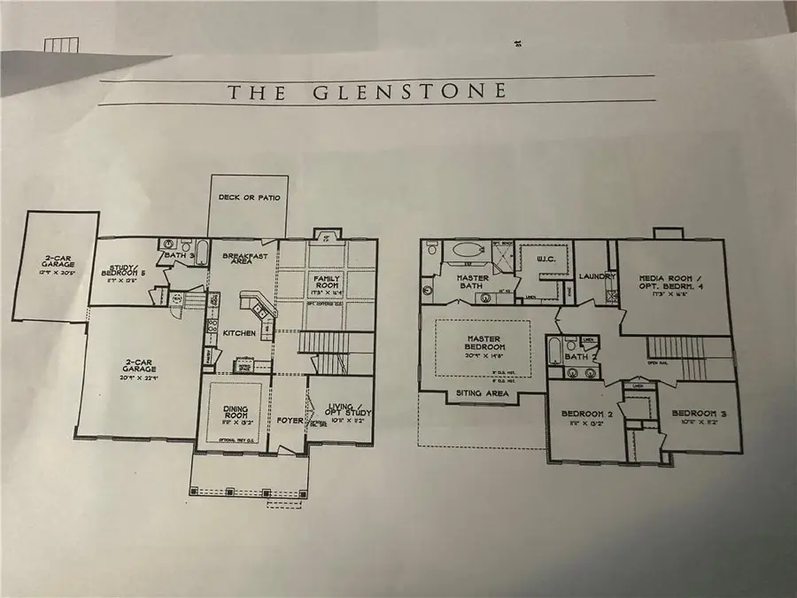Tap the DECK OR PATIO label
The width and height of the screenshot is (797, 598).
tap(249, 197)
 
